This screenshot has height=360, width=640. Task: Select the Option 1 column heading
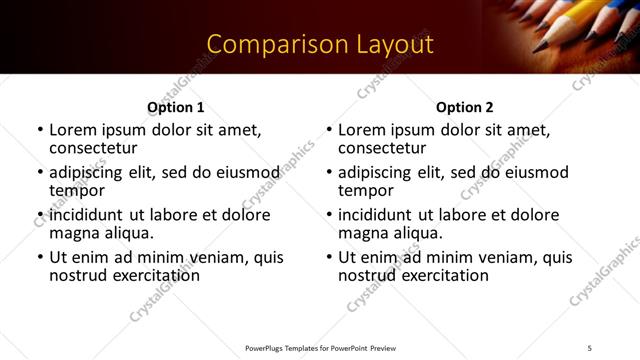pyautogui.click(x=175, y=107)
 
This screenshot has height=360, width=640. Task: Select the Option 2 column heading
pyautogui.click(x=464, y=107)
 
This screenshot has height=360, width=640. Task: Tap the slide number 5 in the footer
pyautogui.click(x=590, y=347)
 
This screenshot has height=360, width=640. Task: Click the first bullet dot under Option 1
pyautogui.click(x=40, y=131)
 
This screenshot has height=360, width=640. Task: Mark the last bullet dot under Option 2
pyautogui.click(x=329, y=258)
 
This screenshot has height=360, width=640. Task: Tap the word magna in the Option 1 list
pyautogui.click(x=73, y=233)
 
